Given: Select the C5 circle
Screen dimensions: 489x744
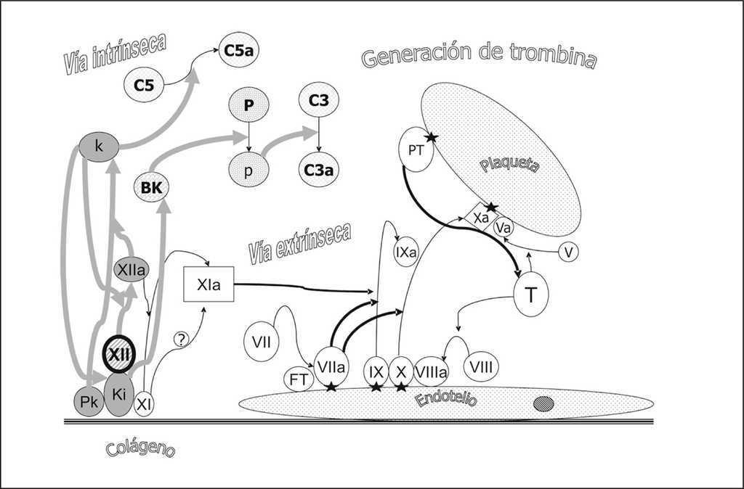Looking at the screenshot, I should [x=144, y=86].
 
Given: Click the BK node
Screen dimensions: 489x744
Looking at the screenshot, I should [x=153, y=188].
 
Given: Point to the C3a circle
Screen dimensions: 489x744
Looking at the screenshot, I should [x=319, y=170].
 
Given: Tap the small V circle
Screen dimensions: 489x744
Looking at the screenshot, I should [x=569, y=252].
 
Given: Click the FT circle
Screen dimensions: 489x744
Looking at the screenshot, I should [x=298, y=379].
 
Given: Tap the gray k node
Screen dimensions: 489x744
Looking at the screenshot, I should [x=99, y=146].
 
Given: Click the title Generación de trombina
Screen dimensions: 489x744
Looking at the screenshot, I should [x=478, y=57].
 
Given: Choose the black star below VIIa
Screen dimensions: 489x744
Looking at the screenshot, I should [x=331, y=387].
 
